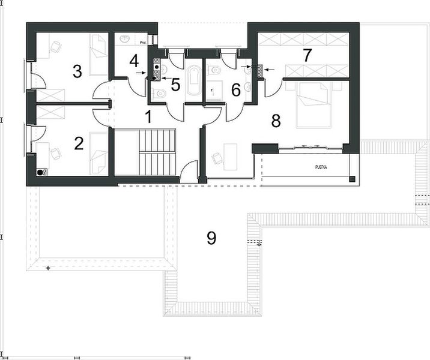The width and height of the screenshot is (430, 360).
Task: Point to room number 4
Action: coord(133,60)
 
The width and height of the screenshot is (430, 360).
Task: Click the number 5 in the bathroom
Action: coord(175,85)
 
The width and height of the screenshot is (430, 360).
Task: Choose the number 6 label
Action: coord(235,90)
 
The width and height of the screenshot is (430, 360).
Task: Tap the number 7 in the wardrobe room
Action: coord(307,56)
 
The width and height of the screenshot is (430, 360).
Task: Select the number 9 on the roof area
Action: coord(211,238)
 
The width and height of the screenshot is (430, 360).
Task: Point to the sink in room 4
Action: coord(125,40)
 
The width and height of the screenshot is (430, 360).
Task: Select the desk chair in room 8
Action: coord(216,157)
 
